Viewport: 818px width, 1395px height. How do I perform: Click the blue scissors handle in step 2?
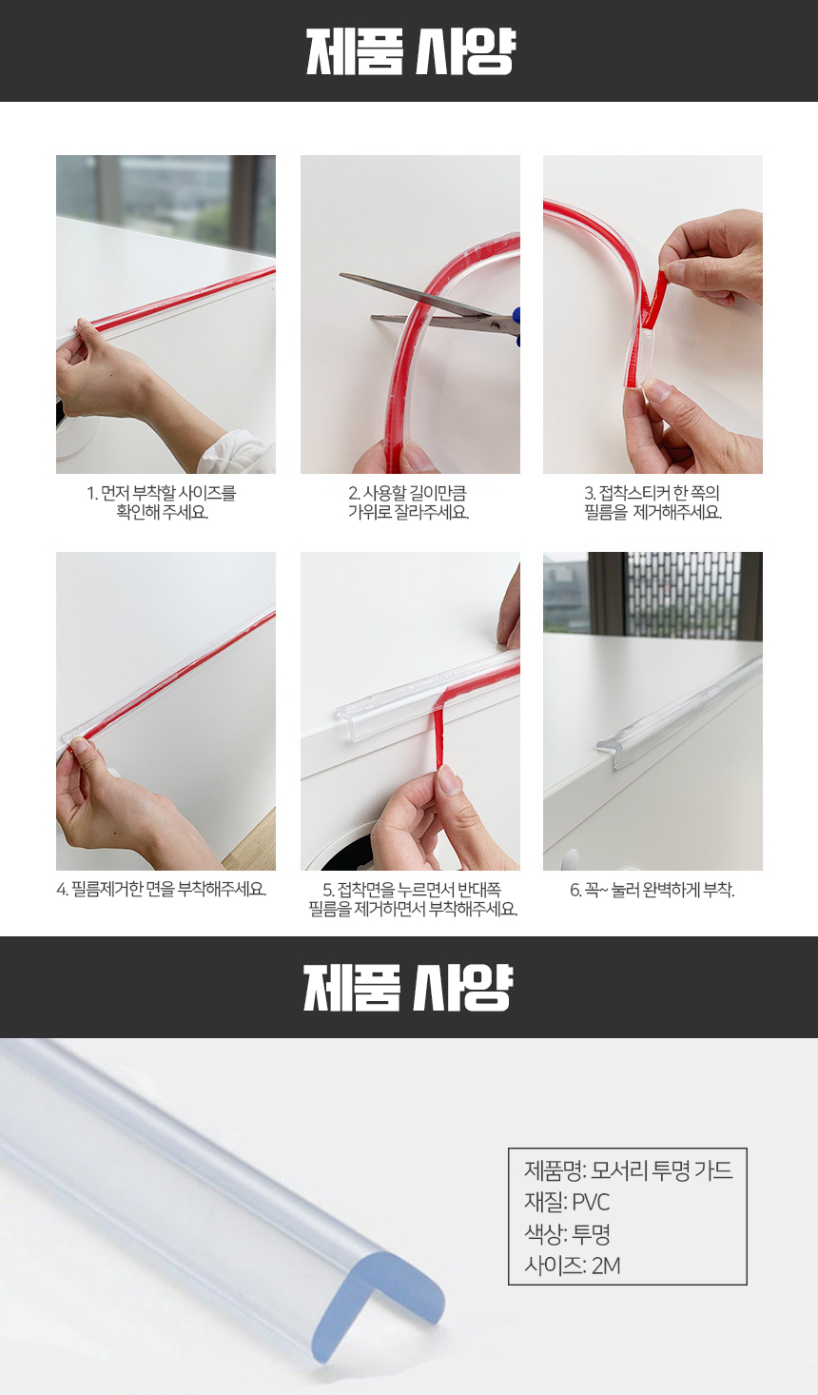[x=516, y=326]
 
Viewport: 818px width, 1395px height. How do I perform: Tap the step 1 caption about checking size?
[x=162, y=502]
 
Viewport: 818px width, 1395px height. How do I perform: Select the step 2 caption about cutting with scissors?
[x=408, y=502]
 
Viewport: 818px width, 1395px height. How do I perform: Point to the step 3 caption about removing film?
[x=652, y=502]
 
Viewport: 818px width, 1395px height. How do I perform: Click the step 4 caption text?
[x=162, y=890]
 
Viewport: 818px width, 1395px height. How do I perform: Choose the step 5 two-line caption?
[x=413, y=899]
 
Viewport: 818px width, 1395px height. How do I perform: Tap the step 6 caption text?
[x=652, y=890]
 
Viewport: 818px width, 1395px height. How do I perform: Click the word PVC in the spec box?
[x=591, y=1202]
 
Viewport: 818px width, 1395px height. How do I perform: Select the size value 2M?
[x=606, y=1266]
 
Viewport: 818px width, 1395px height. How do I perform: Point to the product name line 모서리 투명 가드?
[x=661, y=1170]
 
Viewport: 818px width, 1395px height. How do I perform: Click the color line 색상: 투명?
[x=567, y=1233]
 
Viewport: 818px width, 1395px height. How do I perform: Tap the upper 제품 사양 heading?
[x=410, y=51]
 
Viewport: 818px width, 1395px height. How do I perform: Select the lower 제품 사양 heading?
[x=408, y=988]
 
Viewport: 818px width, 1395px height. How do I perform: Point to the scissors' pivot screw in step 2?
[x=495, y=324]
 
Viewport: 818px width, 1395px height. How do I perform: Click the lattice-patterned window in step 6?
[x=684, y=595]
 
